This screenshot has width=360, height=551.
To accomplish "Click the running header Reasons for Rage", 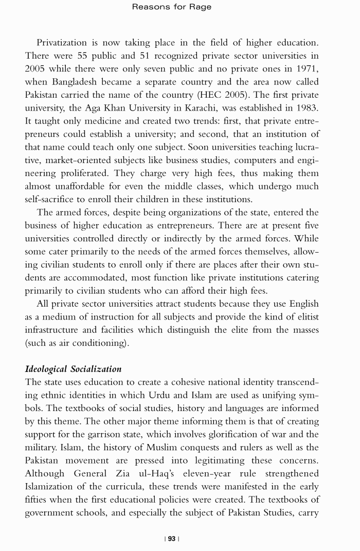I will pos(172,7).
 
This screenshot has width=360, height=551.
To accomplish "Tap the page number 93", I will pos(172,539).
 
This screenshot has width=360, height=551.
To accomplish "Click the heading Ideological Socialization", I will pos(74,369).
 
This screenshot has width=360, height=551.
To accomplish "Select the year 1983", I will pos(307,108).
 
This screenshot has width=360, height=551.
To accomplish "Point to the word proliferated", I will pos(80,173).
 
